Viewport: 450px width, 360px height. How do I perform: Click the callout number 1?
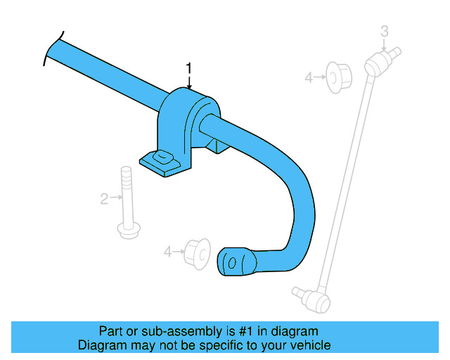pyautogui.click(x=188, y=67)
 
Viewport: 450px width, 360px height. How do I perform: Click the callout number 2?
pyautogui.click(x=104, y=200)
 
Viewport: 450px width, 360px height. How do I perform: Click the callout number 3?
pyautogui.click(x=384, y=30)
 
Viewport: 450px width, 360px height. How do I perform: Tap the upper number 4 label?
pyautogui.click(x=308, y=77)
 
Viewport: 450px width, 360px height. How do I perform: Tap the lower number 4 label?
pyautogui.click(x=167, y=250)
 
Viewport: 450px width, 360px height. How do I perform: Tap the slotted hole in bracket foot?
pyautogui.click(x=162, y=157)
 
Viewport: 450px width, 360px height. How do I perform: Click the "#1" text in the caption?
pyautogui.click(x=247, y=331)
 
